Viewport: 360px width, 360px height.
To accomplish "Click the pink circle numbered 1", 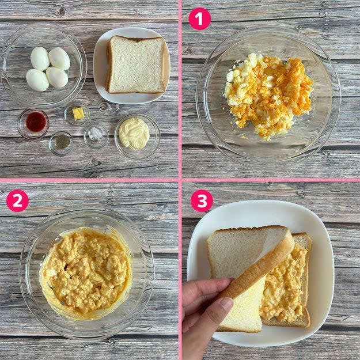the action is pyautogui.click(x=199, y=19).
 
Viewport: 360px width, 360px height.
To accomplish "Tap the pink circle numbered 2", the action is pyautogui.click(x=17, y=200).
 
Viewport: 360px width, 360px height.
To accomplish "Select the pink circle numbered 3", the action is pyautogui.click(x=202, y=200).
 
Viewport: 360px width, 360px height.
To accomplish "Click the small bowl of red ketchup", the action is pyautogui.click(x=33, y=124).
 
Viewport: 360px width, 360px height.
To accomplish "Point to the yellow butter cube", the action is pyautogui.click(x=78, y=113).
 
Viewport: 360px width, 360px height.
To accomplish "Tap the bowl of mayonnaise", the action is pyautogui.click(x=137, y=136).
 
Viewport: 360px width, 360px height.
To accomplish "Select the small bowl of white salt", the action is pyautogui.click(x=96, y=136).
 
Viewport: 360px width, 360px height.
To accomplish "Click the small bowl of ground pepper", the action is pyautogui.click(x=61, y=143).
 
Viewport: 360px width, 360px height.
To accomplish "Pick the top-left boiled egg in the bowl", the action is pyautogui.click(x=40, y=59).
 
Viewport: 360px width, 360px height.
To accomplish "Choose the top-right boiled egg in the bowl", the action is pyautogui.click(x=59, y=59).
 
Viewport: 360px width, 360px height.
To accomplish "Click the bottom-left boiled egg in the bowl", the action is pyautogui.click(x=37, y=80).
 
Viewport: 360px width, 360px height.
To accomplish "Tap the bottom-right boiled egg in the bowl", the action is pyautogui.click(x=57, y=77).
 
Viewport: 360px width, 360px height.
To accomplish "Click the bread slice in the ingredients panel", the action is pyautogui.click(x=136, y=65).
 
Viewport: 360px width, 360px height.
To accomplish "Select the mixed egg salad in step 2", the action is pyautogui.click(x=85, y=273).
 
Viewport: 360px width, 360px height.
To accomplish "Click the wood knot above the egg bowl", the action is pyautogui.click(x=61, y=12).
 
